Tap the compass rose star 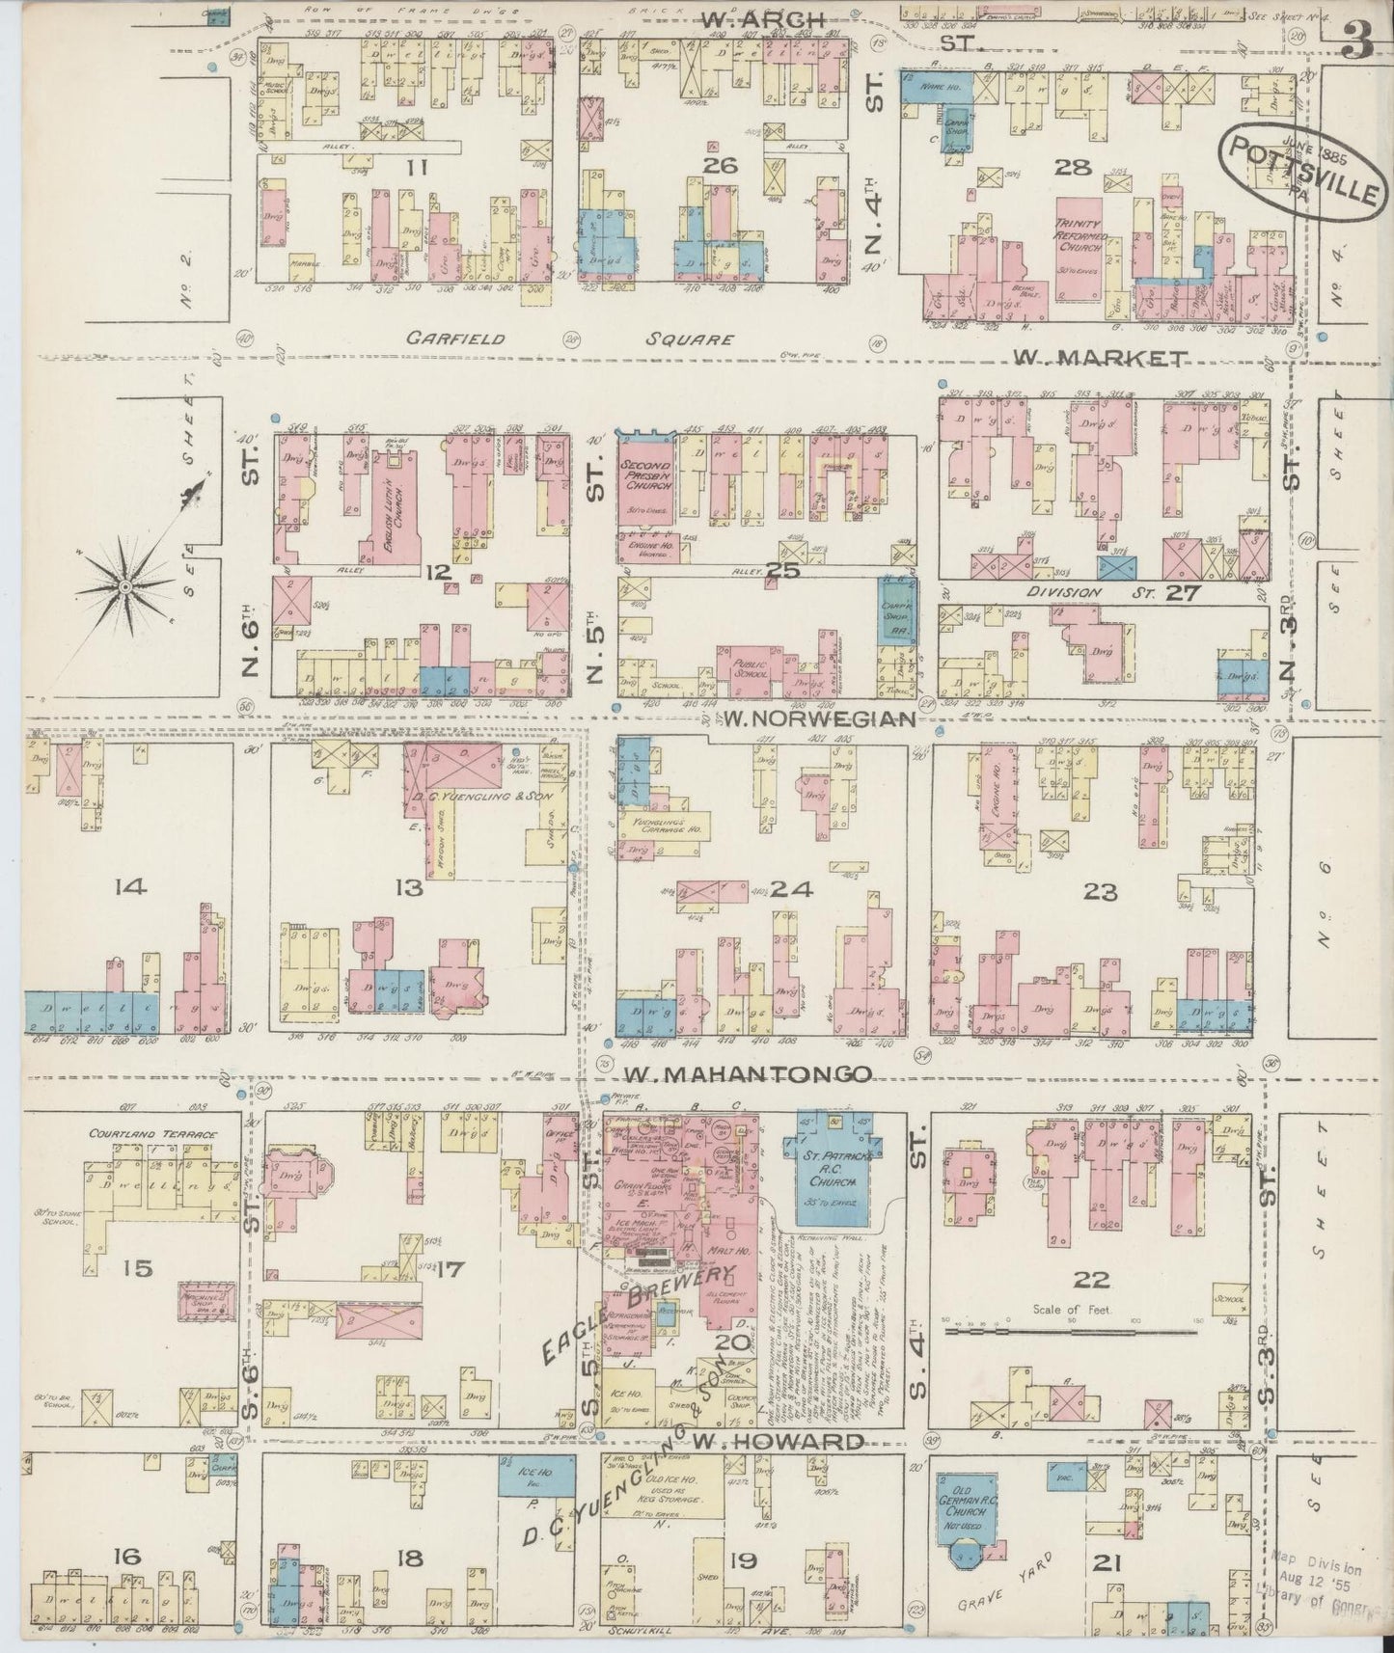coord(125,584)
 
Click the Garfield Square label coord(569,339)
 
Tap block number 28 coord(1072,168)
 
